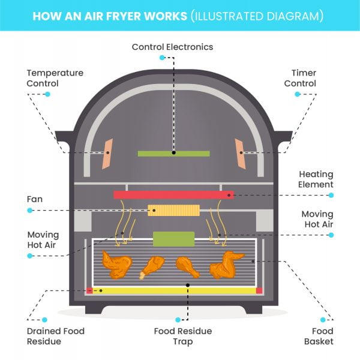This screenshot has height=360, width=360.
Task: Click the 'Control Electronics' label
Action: (x=172, y=47)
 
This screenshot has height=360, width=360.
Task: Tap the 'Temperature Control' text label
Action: (x=55, y=78)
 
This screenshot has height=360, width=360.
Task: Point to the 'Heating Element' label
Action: (x=316, y=179)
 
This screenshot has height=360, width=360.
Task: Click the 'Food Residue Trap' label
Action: (x=183, y=336)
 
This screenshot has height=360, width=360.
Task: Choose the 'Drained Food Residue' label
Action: (x=55, y=336)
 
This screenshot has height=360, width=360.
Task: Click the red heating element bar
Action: (x=173, y=194)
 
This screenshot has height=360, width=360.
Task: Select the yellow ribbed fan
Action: (x=173, y=211)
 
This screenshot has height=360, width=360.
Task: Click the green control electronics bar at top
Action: (x=173, y=154)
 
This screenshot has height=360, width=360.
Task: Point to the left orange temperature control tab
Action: (x=108, y=154)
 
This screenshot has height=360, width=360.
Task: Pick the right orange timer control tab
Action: (x=239, y=154)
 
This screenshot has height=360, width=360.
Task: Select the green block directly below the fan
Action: (x=173, y=239)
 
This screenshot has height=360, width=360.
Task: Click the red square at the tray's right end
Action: (x=259, y=290)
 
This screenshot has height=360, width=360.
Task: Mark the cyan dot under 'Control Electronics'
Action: (x=162, y=58)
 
